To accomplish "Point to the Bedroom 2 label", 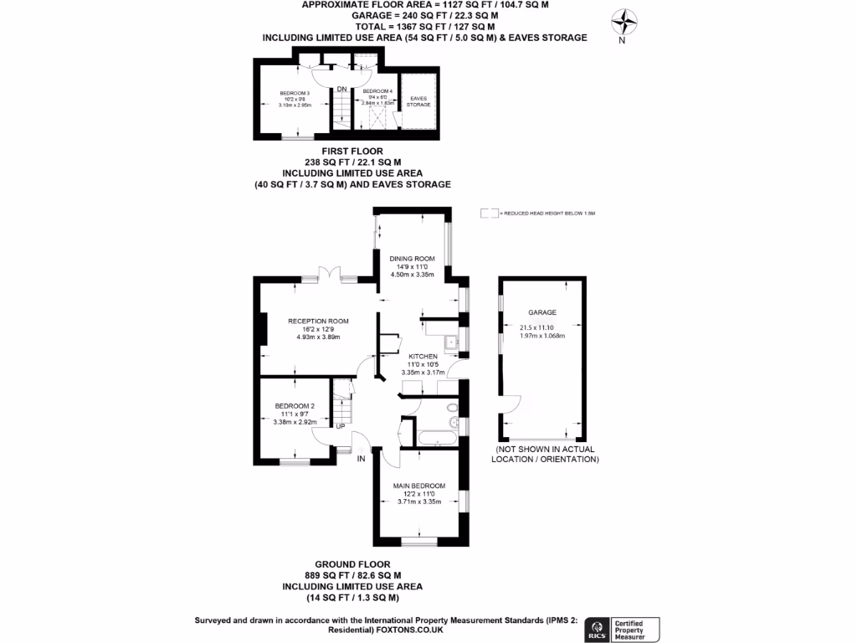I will tap(295, 406).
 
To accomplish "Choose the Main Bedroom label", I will tap(419, 486).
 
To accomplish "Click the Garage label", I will tap(542, 313).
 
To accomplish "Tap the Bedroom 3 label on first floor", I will tap(295, 93).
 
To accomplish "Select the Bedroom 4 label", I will tap(377, 91).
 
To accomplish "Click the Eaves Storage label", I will tap(418, 101).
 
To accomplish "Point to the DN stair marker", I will tap(341, 89).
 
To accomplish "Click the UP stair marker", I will tap(341, 426).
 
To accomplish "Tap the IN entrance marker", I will tap(362, 459).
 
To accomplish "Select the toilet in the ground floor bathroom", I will tap(453, 409).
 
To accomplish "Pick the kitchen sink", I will tap(450, 340).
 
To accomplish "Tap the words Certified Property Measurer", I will tap(636, 629).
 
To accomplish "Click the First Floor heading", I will tap(352, 152).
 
